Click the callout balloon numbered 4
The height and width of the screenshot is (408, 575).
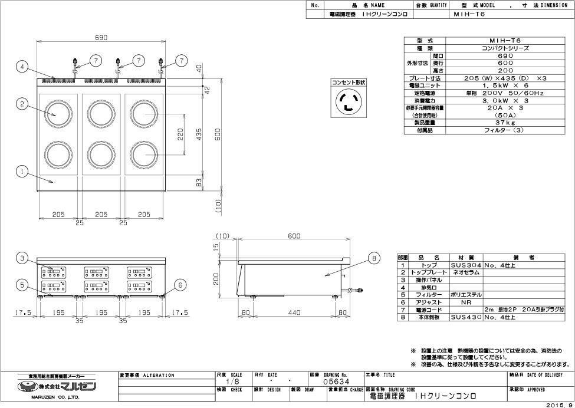click(22, 67)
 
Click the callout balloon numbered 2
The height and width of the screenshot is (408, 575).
click(22, 104)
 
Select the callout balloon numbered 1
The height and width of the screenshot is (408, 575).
click(22, 172)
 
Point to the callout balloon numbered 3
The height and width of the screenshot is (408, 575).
click(22, 258)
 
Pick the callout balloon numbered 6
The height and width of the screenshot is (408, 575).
click(181, 284)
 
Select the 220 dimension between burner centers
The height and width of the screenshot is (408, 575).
click(181, 135)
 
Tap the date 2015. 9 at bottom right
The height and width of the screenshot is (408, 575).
click(558, 404)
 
